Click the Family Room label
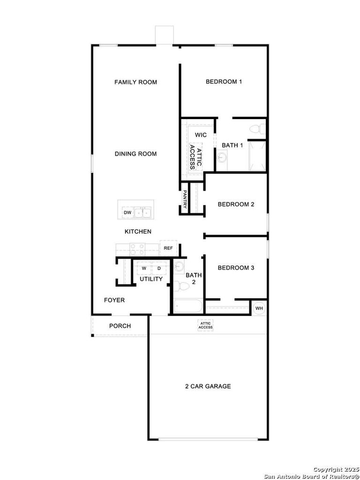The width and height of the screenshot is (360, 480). pos(135,82)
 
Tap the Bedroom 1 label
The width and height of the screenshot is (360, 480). pos(224,82)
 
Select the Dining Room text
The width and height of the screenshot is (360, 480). pos(135,154)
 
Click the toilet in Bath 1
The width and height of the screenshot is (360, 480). pos(257,129)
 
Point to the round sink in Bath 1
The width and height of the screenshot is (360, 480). pos(222,158)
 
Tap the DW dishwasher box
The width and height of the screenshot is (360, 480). pos(127,212)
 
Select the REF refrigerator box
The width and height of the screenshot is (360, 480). pos(168,248)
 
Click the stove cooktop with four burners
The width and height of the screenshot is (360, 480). pos(137,249)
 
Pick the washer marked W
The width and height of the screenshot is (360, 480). pos(144,268)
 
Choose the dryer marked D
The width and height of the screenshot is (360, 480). pos(159,268)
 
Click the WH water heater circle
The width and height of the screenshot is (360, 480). pos(259,308)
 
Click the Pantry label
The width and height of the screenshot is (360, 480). pos(185,199)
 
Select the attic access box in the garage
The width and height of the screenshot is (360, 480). pos(205,325)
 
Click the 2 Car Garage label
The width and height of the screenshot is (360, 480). pos(208,386)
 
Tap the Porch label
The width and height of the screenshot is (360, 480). pos(120,326)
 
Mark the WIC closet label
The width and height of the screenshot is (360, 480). pos(201,135)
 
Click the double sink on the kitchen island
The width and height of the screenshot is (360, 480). pos(142,212)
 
